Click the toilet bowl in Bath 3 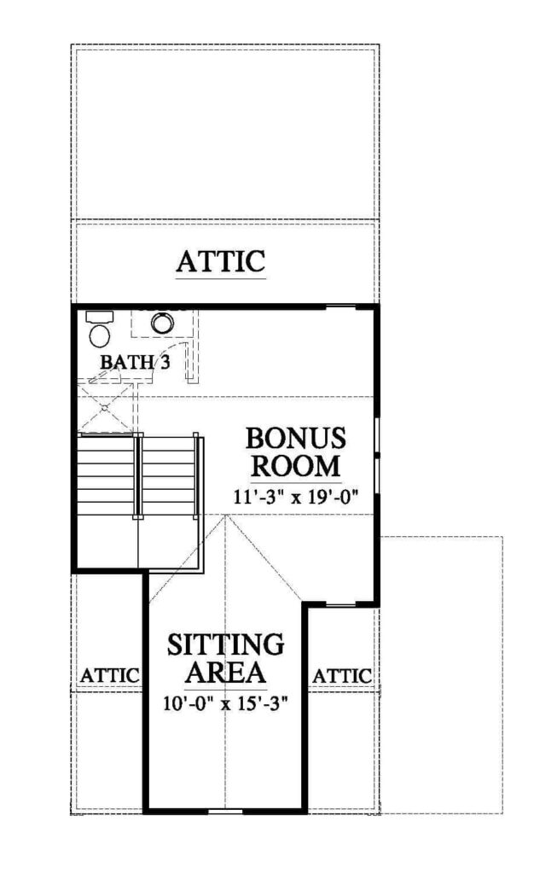point(100,335)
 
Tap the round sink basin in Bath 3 point(162,323)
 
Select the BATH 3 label point(135,362)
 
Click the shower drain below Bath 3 point(104,407)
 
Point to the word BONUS point(296,438)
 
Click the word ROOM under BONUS point(295,465)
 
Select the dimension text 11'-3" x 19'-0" point(294,496)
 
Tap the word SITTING point(225,645)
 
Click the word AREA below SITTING point(225,673)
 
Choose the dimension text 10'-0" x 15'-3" point(225,703)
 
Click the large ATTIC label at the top point(221,261)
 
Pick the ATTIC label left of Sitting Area point(109,676)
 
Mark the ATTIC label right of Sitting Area point(341,676)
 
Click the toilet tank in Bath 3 point(99,318)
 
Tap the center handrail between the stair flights point(139,476)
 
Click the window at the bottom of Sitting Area point(225,811)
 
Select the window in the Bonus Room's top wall point(340,306)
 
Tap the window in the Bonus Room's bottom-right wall point(340,603)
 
